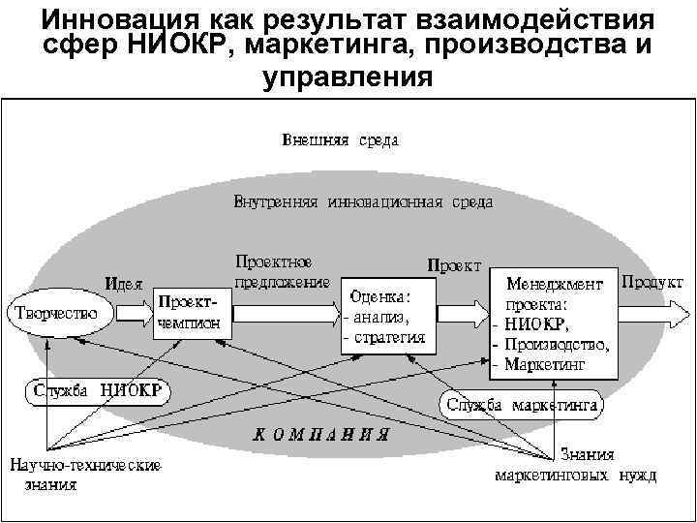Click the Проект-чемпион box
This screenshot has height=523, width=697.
[193, 314]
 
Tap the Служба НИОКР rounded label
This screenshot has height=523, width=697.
[96, 392]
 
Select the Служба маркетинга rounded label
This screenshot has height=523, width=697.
[522, 403]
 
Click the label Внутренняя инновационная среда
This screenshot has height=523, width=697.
[363, 203]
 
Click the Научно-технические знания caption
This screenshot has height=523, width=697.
[85, 475]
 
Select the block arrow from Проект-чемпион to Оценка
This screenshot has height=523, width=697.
[286, 315]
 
